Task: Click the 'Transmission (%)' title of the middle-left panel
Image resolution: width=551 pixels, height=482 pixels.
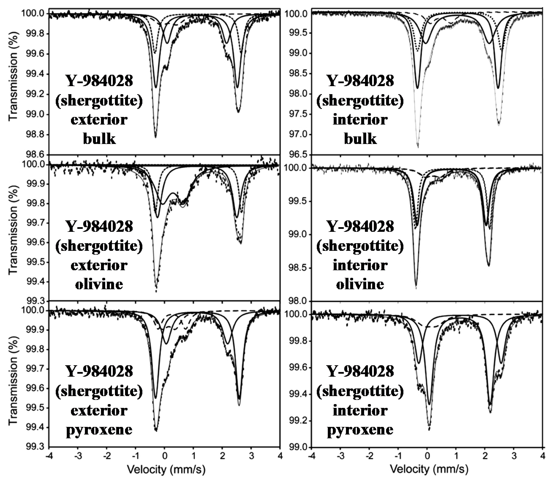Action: (13, 228)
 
